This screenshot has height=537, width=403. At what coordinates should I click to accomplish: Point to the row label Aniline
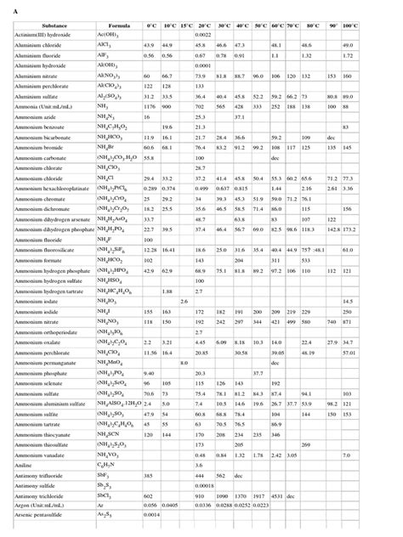(29, 466)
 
